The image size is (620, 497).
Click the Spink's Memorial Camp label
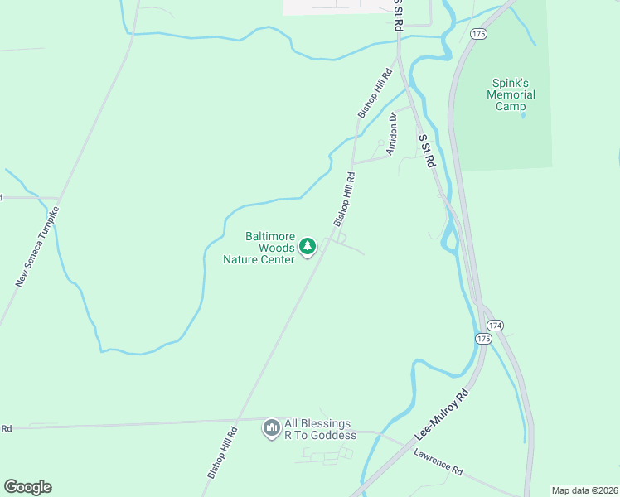511,94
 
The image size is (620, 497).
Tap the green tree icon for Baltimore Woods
308,246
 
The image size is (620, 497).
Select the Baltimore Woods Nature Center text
259,248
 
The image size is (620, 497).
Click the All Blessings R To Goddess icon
271,427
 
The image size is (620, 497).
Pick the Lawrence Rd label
438,462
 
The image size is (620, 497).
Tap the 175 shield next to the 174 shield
483,339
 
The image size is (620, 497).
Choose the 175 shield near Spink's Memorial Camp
477,33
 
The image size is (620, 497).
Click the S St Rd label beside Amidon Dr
427,152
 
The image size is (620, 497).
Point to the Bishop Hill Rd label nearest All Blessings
222,451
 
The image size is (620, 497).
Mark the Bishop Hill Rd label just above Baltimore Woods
344,200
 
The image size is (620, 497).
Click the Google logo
27,487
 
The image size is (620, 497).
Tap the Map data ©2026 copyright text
584,490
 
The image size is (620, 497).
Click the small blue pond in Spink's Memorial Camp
523,117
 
